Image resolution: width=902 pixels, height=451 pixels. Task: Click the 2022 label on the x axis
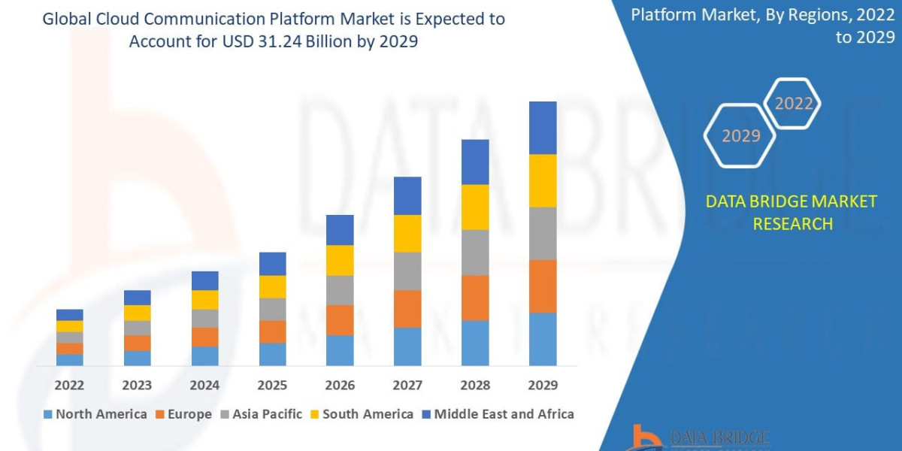[69, 385]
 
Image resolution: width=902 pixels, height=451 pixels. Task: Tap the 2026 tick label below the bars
[340, 385]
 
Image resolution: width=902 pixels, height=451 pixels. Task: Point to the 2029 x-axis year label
[543, 385]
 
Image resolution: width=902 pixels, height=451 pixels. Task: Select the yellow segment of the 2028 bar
[475, 207]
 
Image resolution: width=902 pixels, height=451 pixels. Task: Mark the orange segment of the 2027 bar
[407, 309]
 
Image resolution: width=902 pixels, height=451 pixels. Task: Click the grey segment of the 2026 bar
[340, 290]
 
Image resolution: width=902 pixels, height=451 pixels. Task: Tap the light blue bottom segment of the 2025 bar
[272, 354]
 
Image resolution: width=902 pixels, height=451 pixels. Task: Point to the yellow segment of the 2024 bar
[204, 300]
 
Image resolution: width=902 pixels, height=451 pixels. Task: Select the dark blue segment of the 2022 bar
[69, 315]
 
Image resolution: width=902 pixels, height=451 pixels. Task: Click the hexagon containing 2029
[740, 136]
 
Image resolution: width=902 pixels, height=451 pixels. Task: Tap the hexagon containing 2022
[792, 104]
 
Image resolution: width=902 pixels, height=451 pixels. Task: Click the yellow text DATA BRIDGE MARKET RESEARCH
[792, 212]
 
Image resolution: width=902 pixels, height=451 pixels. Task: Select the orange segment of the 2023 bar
[137, 343]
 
